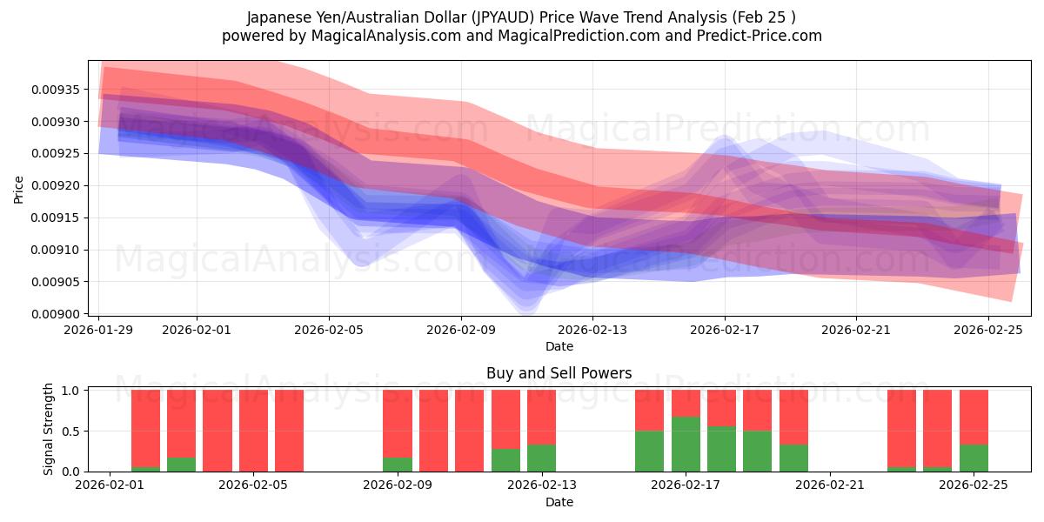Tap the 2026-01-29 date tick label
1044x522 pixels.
99,330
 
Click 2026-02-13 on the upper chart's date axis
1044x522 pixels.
592,330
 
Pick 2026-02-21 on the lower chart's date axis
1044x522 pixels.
830,486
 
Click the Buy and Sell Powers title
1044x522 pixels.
559,373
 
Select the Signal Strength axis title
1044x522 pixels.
49,429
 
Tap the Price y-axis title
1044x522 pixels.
19,189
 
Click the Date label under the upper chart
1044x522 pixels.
559,346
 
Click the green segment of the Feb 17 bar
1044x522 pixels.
686,445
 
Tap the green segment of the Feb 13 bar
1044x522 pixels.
541,458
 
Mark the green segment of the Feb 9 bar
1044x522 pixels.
398,465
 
